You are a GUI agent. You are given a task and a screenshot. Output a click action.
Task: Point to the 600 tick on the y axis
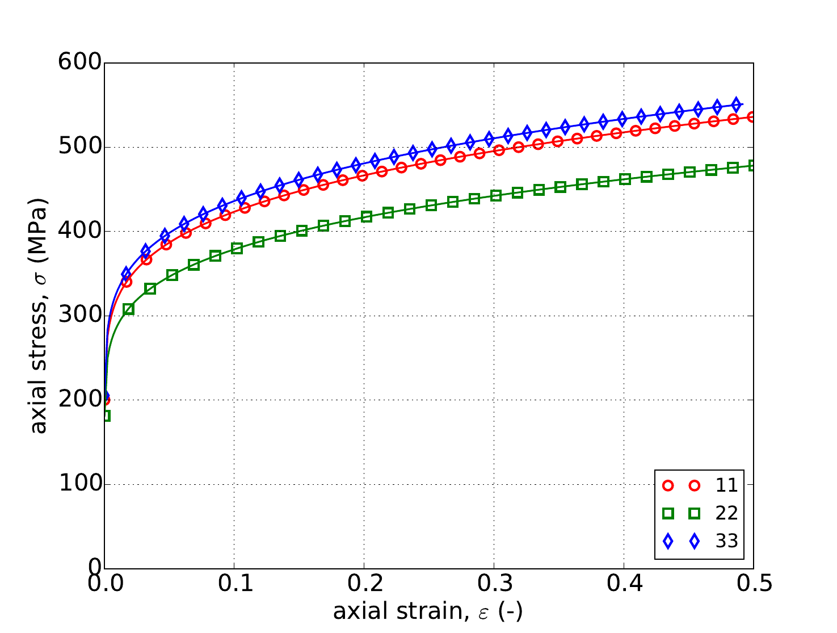pos(80,63)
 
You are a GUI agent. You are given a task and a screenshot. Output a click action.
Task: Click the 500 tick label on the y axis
pos(80,147)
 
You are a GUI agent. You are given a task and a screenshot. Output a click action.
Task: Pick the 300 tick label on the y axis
pos(80,316)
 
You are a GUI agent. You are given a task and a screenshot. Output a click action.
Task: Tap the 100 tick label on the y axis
pos(80,484)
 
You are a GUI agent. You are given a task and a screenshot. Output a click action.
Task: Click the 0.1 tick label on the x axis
pos(234,584)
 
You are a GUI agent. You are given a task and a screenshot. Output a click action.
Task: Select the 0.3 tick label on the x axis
pos(494,584)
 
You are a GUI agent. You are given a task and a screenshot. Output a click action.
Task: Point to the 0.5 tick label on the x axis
pos(753,584)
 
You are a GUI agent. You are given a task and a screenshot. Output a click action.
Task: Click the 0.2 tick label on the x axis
pos(364,584)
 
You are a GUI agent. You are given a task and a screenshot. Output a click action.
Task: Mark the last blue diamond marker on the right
pos(736,104)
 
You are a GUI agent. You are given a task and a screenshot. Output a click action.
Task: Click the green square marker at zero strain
pos(105,416)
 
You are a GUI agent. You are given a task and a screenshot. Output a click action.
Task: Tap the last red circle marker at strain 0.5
pos(752,117)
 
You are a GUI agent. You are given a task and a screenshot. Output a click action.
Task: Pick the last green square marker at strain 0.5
pos(752,166)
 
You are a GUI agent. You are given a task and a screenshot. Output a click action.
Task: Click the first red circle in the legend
pos(668,485)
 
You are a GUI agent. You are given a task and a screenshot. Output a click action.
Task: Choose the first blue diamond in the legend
pos(668,542)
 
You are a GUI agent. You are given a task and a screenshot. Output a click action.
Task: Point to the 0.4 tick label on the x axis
pos(624,584)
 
